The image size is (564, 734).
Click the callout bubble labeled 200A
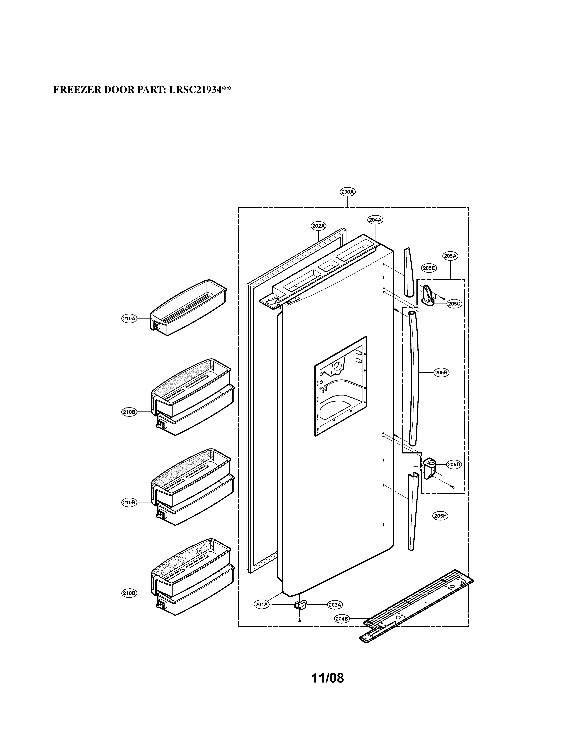tap(347, 192)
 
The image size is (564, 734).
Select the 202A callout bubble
tap(318, 226)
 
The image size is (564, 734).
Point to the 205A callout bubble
tap(450, 256)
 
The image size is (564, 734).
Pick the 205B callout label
tap(441, 372)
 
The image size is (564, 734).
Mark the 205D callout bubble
tap(454, 465)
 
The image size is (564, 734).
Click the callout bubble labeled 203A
tap(335, 605)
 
